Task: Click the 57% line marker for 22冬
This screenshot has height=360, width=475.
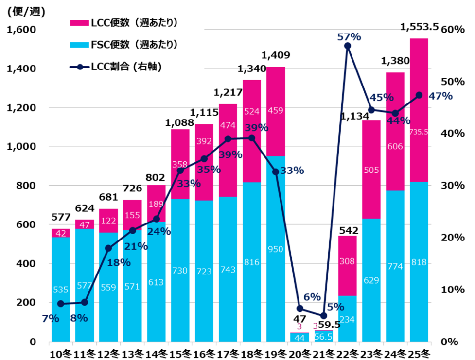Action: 348,46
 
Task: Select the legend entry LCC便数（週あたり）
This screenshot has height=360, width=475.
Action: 123,23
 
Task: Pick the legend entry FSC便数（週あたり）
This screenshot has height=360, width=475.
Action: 123,45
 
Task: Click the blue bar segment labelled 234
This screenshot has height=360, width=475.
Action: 348,319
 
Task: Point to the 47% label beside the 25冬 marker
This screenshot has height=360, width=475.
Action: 441,96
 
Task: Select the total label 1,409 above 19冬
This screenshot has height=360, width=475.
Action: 276,55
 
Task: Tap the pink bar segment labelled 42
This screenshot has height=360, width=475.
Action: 61,233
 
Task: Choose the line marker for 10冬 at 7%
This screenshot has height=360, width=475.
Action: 61,304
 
